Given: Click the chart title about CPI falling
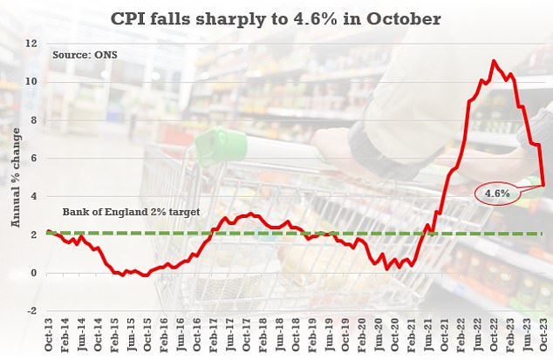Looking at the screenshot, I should [x=276, y=17].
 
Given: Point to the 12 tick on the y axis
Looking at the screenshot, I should [x=31, y=43].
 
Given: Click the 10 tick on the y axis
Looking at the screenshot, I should [x=31, y=81].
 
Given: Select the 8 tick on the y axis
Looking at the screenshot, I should [x=32, y=119].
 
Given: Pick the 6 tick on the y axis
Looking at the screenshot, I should [x=32, y=158].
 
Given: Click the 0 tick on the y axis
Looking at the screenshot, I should [x=32, y=273].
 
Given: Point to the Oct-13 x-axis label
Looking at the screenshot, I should [x=48, y=336].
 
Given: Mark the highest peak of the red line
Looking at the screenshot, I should [x=494, y=61].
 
